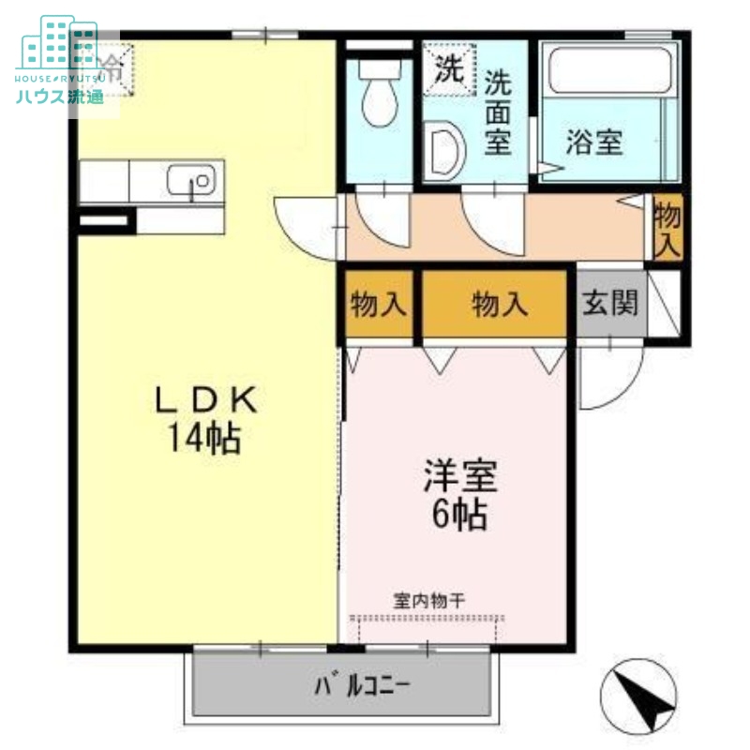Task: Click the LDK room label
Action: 204,400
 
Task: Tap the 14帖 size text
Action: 204,438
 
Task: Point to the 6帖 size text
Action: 458,514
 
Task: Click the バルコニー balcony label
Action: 362,684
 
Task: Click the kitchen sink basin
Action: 191,178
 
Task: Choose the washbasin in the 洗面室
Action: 445,150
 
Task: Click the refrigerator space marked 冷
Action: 110,67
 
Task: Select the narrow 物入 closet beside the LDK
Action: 378,304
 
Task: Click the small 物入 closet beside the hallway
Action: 667,228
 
